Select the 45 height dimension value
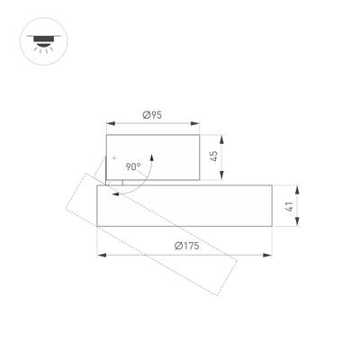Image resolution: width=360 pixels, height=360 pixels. [x=214, y=156]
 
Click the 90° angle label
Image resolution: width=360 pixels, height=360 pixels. [x=132, y=166]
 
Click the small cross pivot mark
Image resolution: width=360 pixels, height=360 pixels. [x=114, y=159]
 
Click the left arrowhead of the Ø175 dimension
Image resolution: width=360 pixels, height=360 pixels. [x=100, y=256]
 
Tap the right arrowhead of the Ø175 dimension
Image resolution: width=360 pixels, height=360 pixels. [x=270, y=256]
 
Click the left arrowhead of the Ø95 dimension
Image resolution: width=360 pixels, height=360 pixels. [x=109, y=123]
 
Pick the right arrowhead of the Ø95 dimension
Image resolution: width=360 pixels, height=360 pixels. [x=196, y=123]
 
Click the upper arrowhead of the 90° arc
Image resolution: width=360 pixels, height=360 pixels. [x=153, y=154]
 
